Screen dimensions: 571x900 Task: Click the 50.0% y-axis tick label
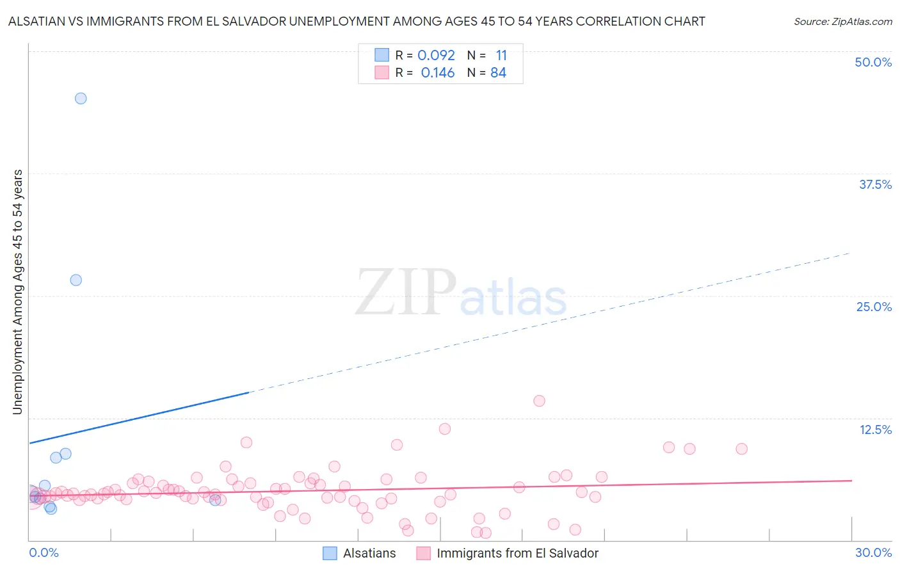click(x=873, y=62)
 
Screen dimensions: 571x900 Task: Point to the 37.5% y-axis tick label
click(x=875, y=184)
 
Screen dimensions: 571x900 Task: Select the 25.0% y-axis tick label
click(x=874, y=307)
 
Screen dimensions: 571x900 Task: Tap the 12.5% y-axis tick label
click(x=875, y=430)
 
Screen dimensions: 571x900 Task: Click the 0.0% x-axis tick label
click(x=44, y=552)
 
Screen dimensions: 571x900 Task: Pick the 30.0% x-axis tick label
click(x=873, y=552)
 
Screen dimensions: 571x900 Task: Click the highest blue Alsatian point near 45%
click(x=81, y=99)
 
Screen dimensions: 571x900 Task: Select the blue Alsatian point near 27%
click(x=76, y=280)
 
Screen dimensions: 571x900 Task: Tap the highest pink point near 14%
click(x=539, y=401)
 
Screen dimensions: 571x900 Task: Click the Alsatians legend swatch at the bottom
click(x=330, y=553)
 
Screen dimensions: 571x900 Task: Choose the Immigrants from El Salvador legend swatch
click(x=423, y=553)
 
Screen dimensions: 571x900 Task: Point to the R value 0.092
click(x=436, y=56)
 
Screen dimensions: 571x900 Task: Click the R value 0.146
click(x=438, y=73)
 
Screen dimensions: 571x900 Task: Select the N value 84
click(x=498, y=73)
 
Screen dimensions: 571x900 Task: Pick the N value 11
click(x=501, y=56)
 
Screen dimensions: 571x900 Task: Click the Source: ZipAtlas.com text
click(x=842, y=22)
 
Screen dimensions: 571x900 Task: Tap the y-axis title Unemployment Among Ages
click(x=18, y=291)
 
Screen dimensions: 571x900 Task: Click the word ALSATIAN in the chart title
click(x=40, y=21)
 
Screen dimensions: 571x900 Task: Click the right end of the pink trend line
click(x=851, y=480)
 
